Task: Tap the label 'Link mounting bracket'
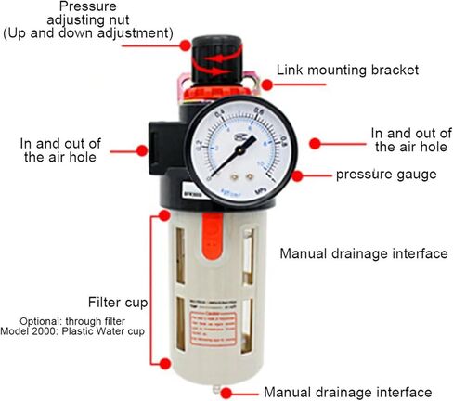pos(347,70)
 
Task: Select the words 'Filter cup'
pos(116,304)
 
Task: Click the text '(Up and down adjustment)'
pos(87,33)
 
